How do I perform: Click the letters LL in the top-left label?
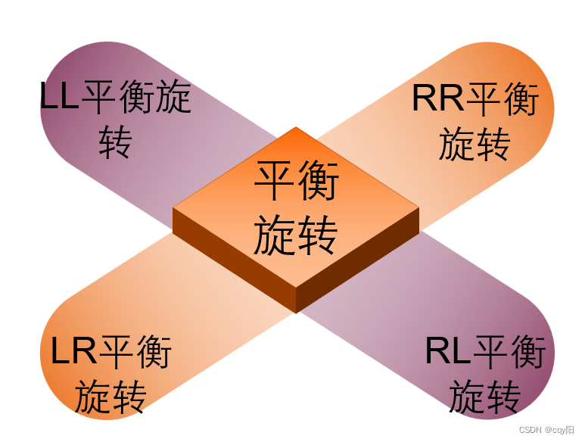click(x=59, y=97)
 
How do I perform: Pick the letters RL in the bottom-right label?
click(x=447, y=352)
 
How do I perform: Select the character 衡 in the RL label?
click(x=526, y=352)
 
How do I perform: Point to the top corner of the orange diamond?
click(x=295, y=129)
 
